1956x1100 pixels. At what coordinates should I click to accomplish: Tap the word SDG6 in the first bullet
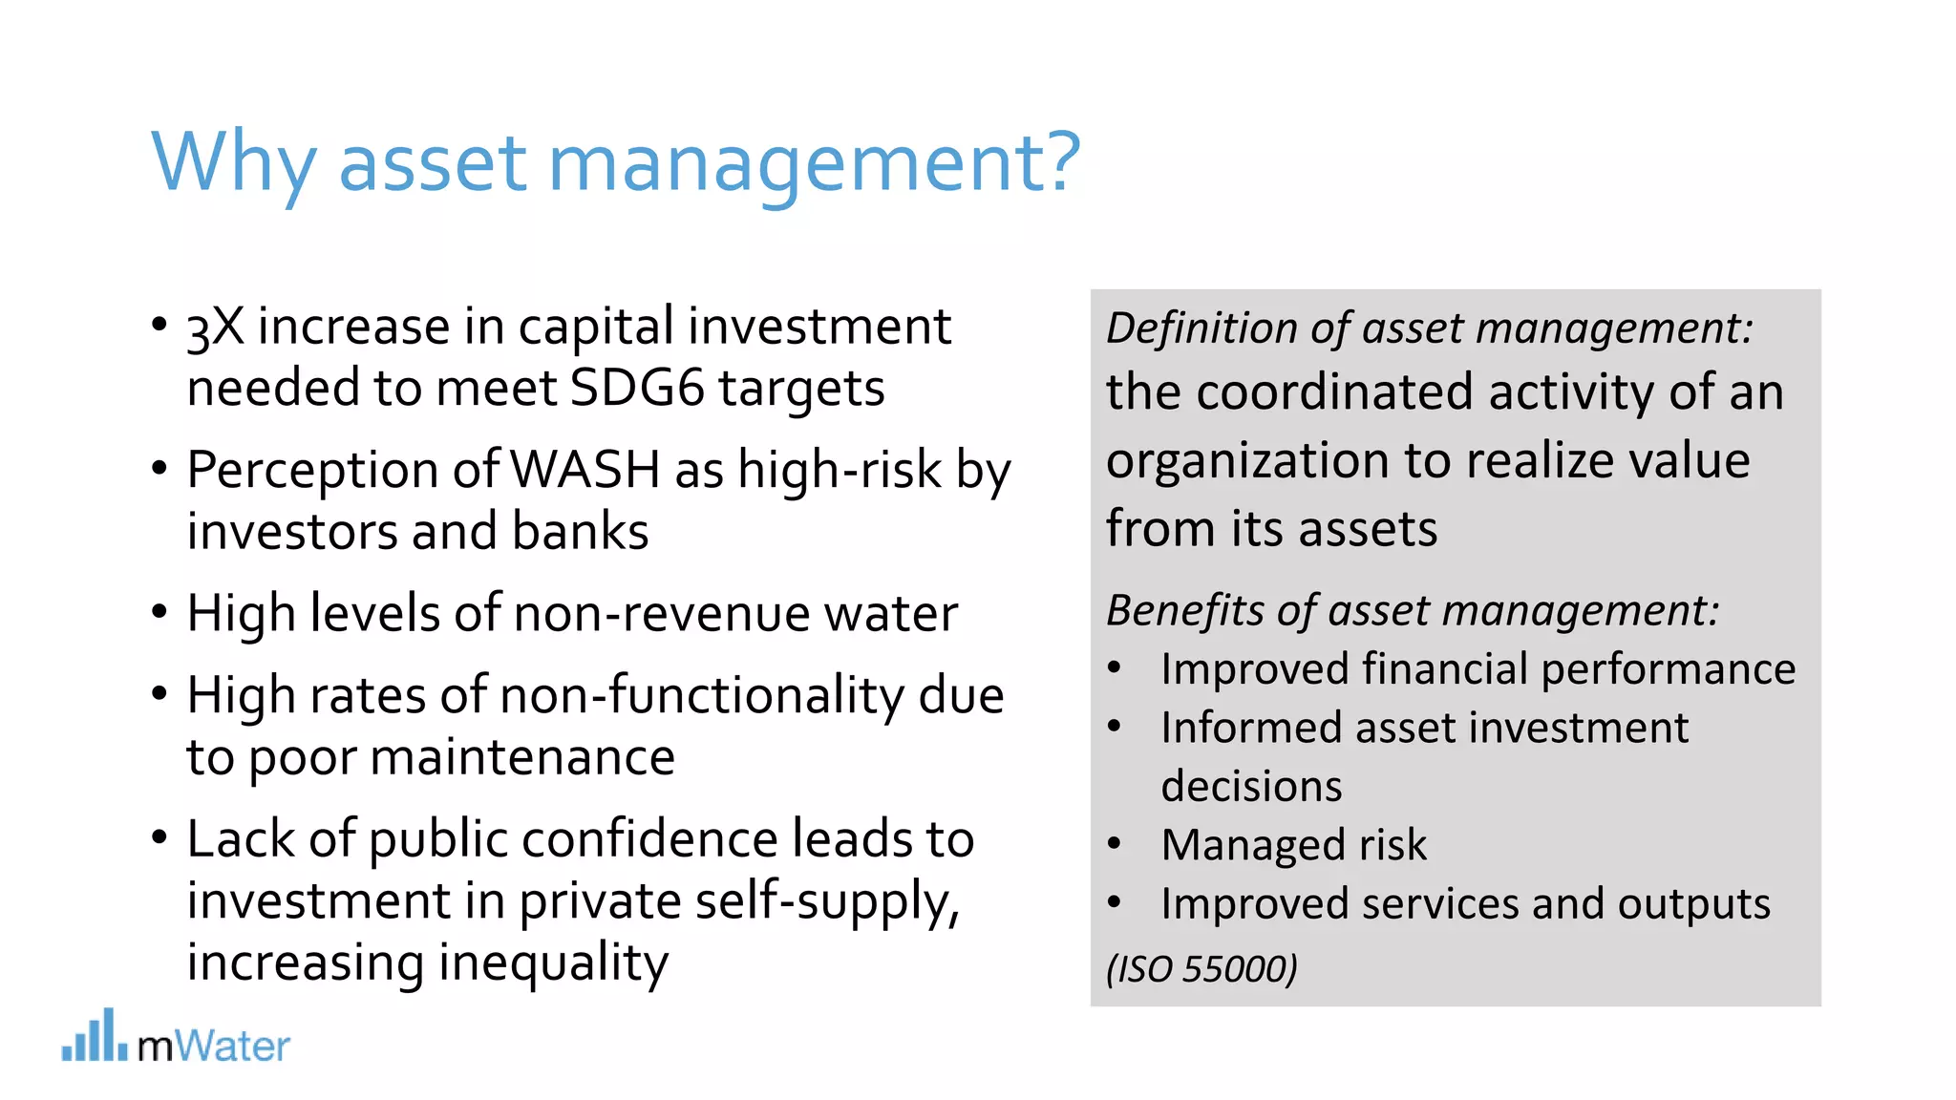(x=636, y=389)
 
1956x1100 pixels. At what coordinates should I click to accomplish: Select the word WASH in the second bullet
(x=585, y=470)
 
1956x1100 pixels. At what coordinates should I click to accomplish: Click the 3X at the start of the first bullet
(x=215, y=328)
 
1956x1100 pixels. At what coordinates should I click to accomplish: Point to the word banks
(x=580, y=532)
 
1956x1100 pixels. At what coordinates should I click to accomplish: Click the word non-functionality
(x=701, y=695)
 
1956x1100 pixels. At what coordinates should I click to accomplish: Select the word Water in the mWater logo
(x=232, y=1047)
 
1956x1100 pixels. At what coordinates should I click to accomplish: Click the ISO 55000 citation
(x=1201, y=969)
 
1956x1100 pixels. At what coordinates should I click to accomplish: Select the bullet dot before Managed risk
(x=1114, y=844)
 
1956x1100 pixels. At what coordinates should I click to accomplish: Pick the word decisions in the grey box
(x=1251, y=787)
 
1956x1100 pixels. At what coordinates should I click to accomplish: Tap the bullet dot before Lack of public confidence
(x=159, y=837)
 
